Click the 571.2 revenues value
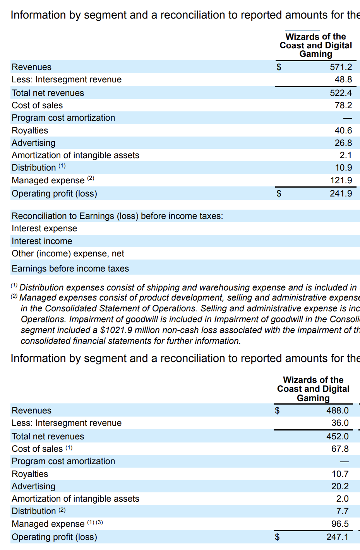coord(341,67)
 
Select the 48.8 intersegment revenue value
coord(343,80)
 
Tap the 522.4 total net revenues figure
coord(341,93)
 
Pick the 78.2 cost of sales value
coord(343,105)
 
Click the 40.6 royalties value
coord(343,130)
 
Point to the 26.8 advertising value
coord(343,143)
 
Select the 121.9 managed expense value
coord(341,180)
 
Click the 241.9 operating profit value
coord(341,193)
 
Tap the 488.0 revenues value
coord(337,410)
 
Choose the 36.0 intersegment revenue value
coord(340,423)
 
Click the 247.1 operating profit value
coord(337,537)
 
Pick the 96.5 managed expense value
coord(340,524)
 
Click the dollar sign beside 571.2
coord(279,67)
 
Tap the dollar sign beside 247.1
coord(277,537)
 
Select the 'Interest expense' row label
coord(44,229)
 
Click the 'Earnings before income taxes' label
coord(70,268)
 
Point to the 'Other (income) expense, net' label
coord(68,254)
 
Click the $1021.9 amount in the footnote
coord(116,330)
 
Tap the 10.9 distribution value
coord(343,167)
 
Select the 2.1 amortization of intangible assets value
coord(345,155)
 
